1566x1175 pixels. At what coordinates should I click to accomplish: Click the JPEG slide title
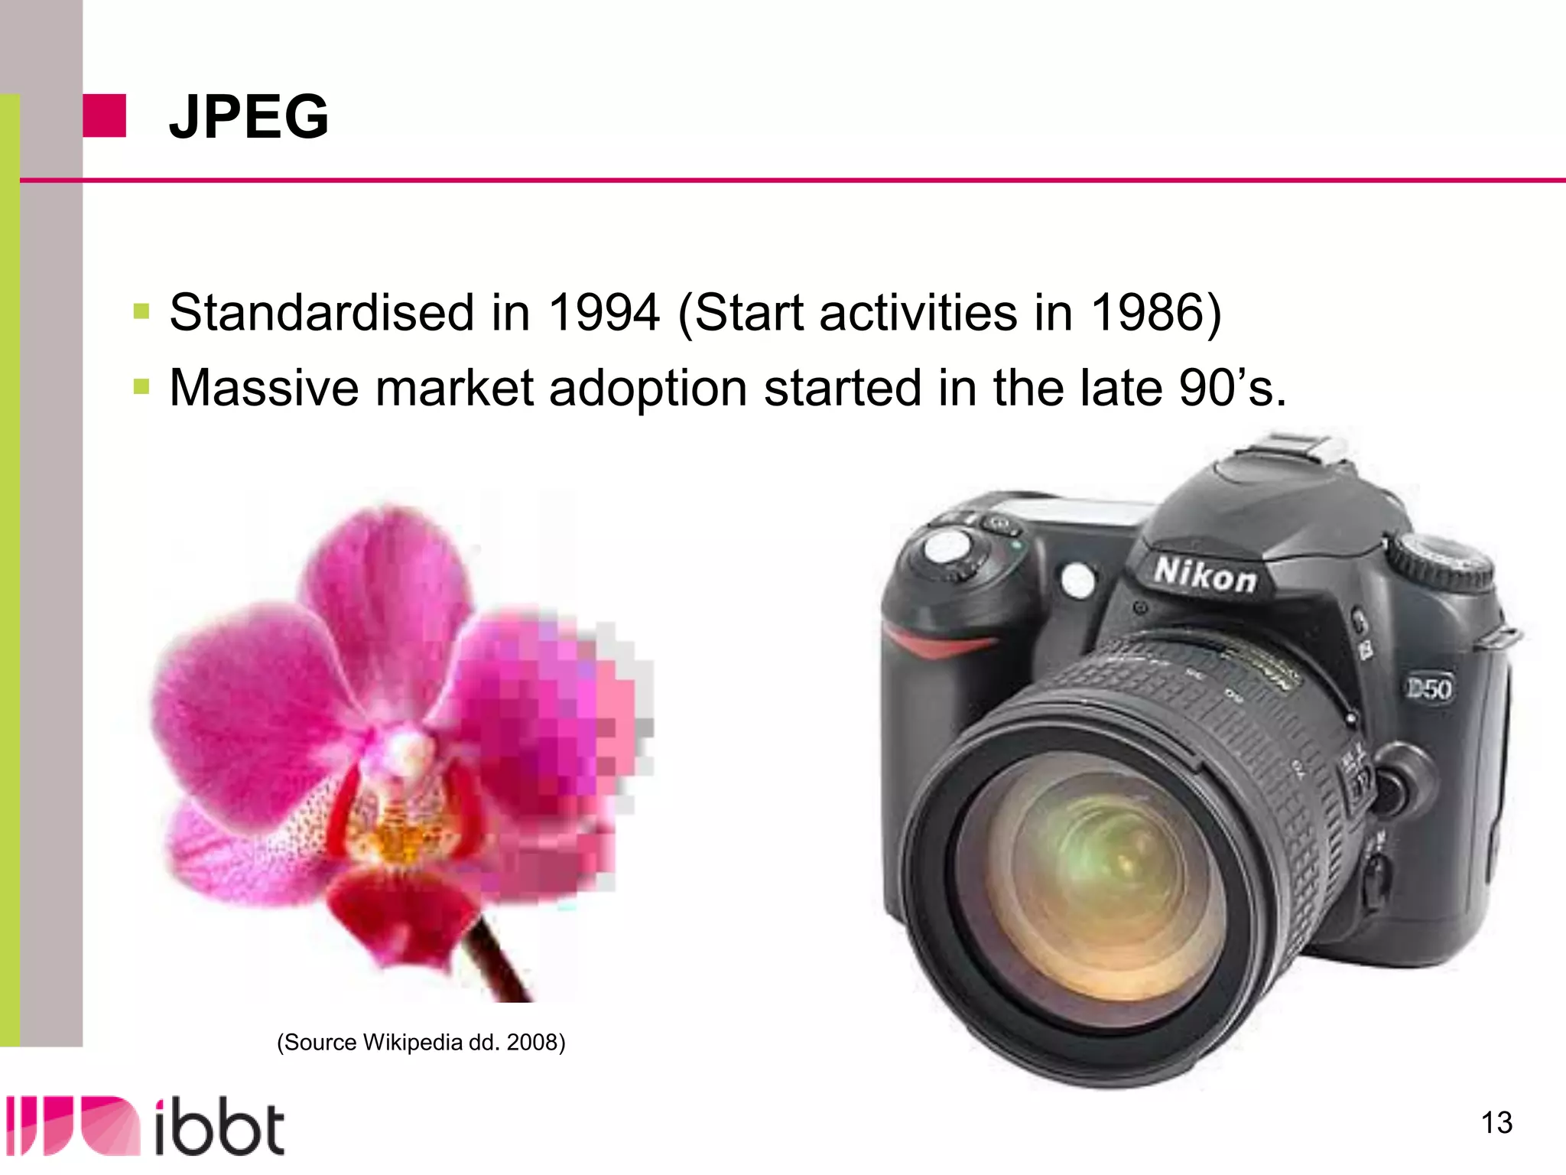[x=249, y=116]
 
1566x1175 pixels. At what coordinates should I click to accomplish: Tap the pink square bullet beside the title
[x=104, y=116]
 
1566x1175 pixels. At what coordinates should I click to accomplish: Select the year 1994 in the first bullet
[x=604, y=313]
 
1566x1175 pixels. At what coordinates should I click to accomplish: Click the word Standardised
[x=321, y=313]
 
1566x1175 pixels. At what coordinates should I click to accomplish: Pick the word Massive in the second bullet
[x=264, y=388]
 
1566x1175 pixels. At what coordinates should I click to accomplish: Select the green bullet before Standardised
[x=141, y=311]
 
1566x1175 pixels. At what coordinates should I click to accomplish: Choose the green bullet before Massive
[x=141, y=386]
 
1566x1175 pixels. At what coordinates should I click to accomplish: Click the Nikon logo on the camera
[x=1205, y=575]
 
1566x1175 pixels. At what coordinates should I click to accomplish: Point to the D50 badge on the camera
[x=1429, y=688]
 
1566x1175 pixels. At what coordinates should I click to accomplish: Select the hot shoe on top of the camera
[x=1300, y=448]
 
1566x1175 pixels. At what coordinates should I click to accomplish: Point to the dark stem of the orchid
[x=497, y=960]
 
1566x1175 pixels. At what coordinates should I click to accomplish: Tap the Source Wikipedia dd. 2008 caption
[x=421, y=1043]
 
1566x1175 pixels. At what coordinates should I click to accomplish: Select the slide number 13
[x=1496, y=1123]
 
